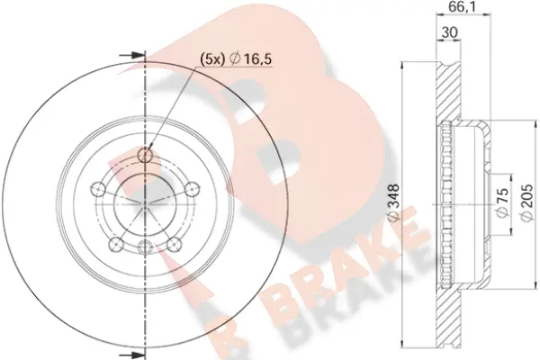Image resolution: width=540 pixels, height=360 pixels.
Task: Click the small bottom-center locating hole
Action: click(144, 247)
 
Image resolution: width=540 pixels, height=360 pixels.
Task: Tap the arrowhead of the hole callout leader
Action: click(150, 150)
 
